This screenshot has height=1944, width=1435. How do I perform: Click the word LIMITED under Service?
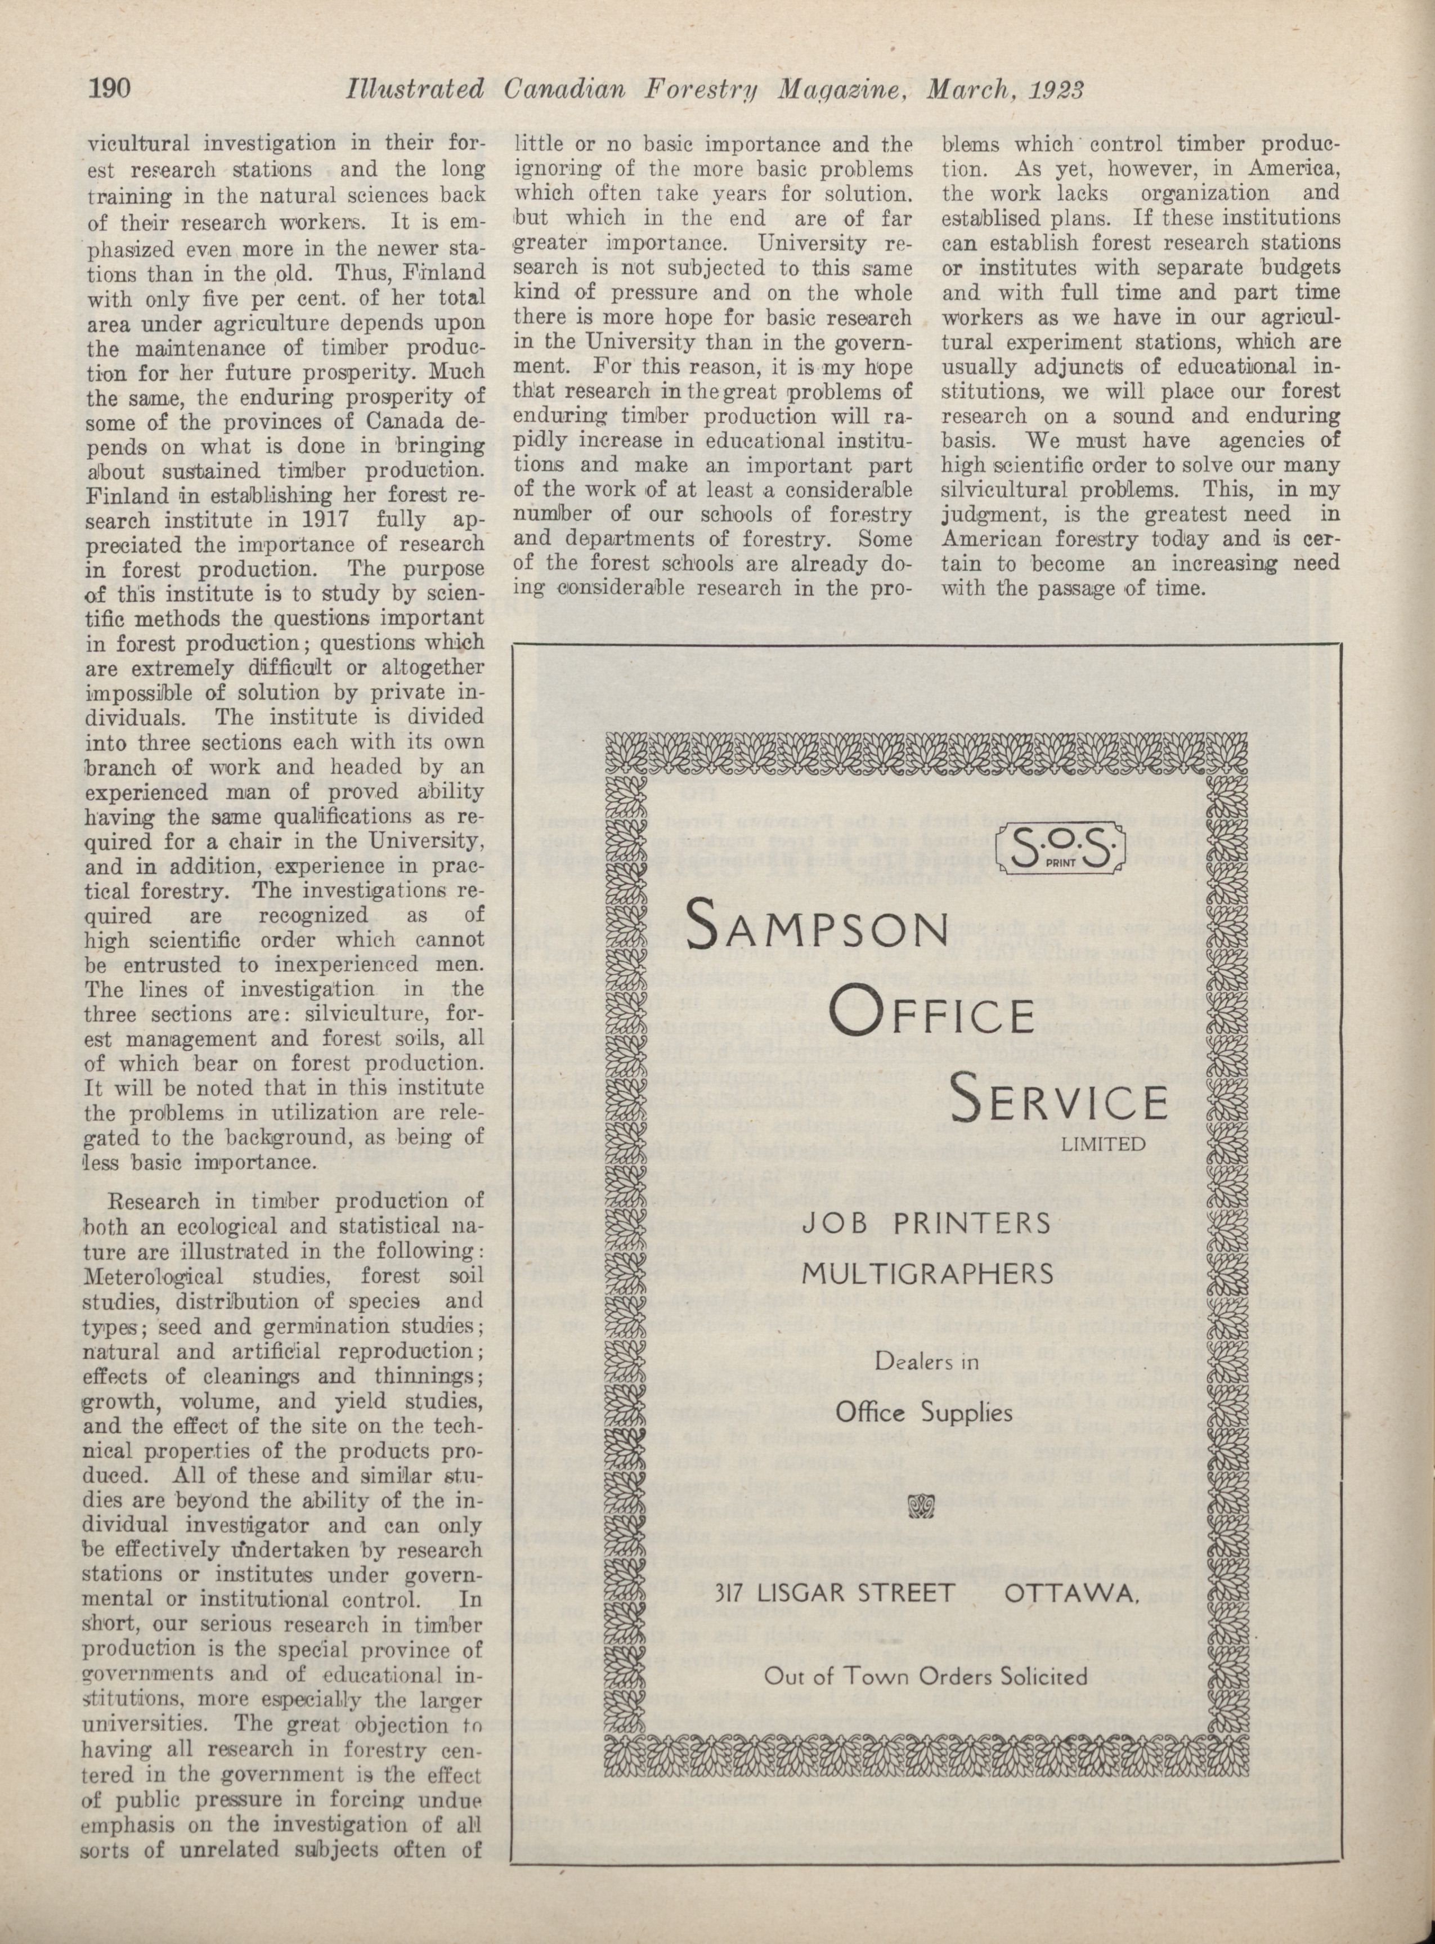1103,1144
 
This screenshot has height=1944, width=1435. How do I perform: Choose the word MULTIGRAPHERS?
927,1274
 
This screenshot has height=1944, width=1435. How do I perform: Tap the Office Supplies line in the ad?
923,1412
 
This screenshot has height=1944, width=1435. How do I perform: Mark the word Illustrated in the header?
414,89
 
